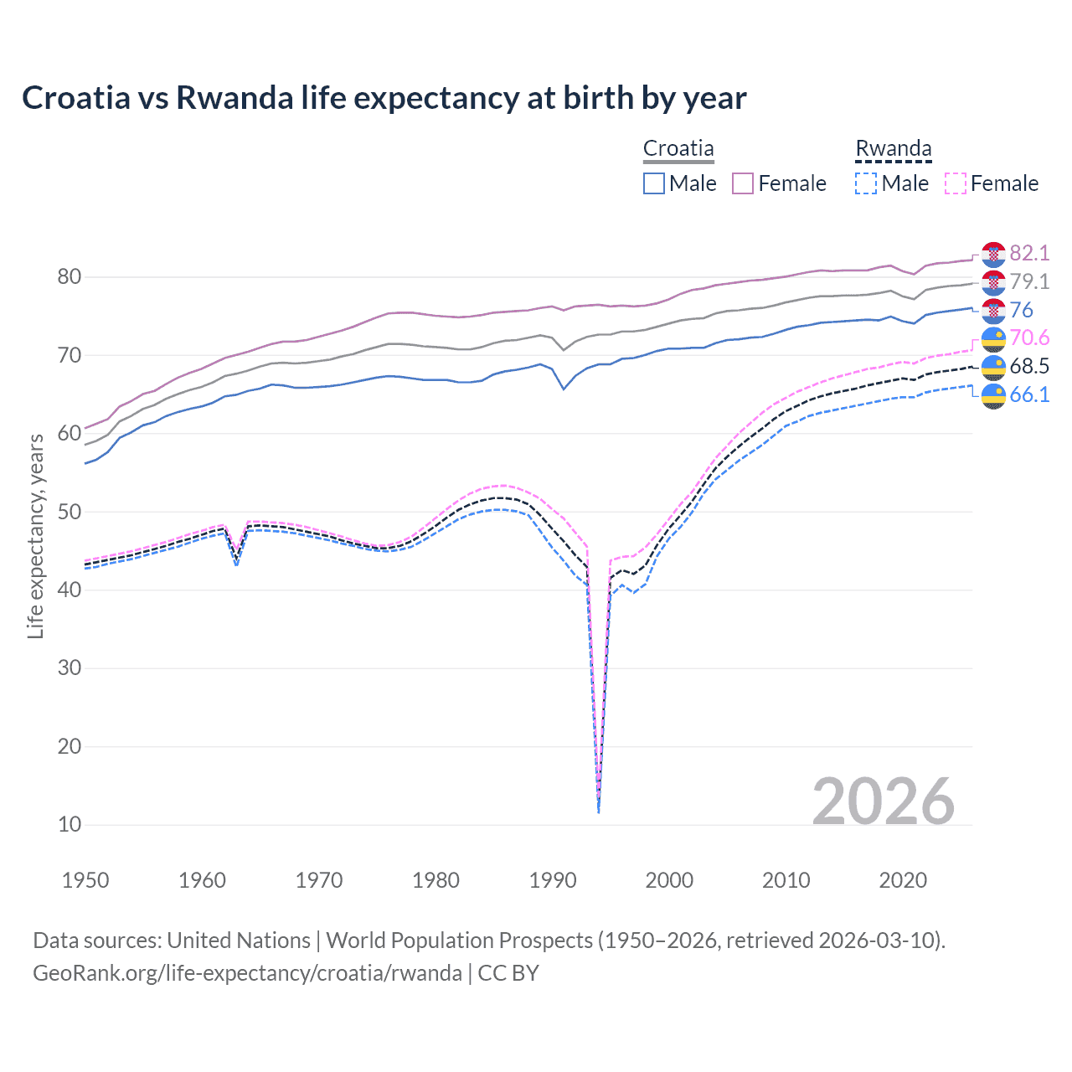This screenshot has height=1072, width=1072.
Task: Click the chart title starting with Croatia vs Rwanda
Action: (x=384, y=98)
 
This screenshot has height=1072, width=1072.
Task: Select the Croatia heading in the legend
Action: (x=678, y=149)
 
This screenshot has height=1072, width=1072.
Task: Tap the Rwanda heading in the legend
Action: (x=893, y=149)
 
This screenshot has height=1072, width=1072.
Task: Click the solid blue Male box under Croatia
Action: (x=654, y=183)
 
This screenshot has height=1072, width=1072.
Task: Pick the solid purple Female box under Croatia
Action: (x=743, y=183)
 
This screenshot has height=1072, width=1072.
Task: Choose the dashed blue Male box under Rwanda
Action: (x=866, y=183)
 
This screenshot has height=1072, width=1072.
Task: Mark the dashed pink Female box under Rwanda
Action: (x=956, y=183)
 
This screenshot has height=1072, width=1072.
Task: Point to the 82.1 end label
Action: (x=1029, y=254)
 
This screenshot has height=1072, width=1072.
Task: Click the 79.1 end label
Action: (x=1029, y=282)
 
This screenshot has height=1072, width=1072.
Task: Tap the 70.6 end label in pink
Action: (x=1029, y=338)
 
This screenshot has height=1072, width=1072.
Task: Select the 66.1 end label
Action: (x=1029, y=394)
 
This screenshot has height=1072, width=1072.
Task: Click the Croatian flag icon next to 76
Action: (x=993, y=311)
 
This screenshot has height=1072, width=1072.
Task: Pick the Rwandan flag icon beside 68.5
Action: (x=993, y=367)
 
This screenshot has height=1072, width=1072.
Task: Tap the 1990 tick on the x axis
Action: (x=553, y=880)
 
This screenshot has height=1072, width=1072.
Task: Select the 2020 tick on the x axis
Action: (x=903, y=880)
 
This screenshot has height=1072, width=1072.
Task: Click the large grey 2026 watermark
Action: (x=884, y=801)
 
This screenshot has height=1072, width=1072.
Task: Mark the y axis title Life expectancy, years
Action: (x=35, y=536)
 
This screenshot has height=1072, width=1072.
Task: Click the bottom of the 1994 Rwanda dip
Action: (x=598, y=811)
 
